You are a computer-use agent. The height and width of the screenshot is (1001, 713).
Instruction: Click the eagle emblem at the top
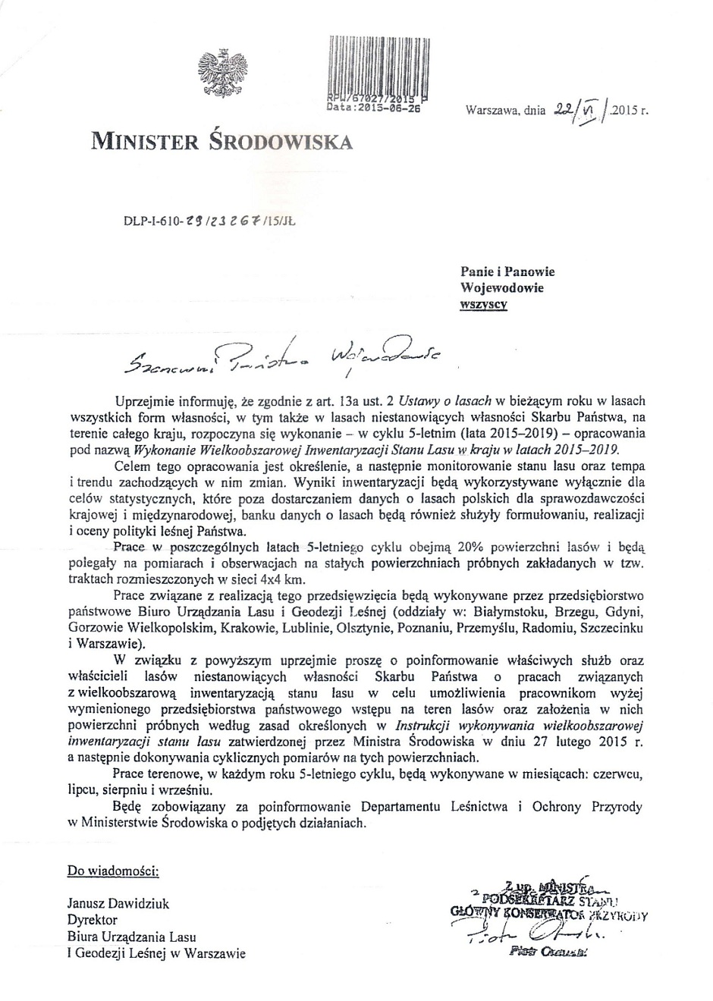pyautogui.click(x=218, y=74)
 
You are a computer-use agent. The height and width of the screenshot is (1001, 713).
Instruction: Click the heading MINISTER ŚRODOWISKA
pyautogui.click(x=221, y=141)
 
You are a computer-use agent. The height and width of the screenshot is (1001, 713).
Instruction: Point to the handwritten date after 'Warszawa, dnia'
pyautogui.click(x=582, y=111)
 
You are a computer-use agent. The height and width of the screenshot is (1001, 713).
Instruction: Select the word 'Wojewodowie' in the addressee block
pyautogui.click(x=502, y=287)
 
